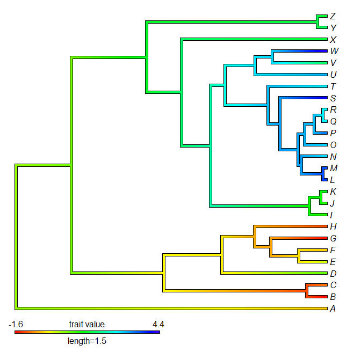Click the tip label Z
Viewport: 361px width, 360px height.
coord(334,16)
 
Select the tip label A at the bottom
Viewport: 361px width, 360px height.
coord(333,308)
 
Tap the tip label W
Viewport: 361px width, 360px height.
coord(334,52)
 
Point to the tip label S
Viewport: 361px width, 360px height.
coord(333,98)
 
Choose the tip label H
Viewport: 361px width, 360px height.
coord(334,226)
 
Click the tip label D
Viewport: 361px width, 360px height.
coord(334,274)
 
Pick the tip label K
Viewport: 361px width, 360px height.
coord(333,192)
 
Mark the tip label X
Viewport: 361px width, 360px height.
coord(333,40)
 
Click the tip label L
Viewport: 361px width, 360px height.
coord(333,180)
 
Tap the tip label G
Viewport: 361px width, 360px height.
coord(334,238)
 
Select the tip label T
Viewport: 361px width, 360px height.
coord(333,86)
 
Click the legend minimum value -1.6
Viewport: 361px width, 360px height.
coord(16,324)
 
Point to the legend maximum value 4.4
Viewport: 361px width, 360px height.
coord(158,324)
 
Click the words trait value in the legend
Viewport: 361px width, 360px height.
coord(87,324)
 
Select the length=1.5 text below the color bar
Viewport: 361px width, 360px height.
coord(87,341)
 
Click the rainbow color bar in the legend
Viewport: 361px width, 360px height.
coord(87,332)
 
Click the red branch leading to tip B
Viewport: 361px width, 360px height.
coord(317,297)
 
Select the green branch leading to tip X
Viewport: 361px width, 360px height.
coord(252,39)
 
